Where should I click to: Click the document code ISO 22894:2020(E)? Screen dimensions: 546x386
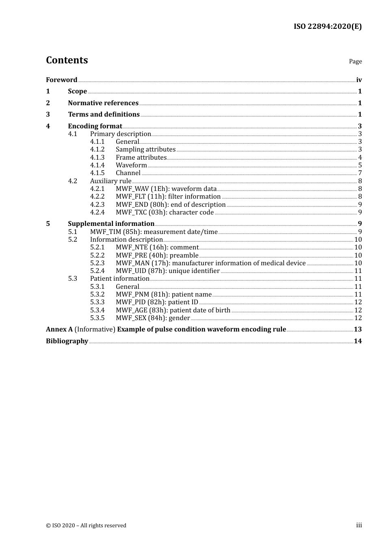[x=327, y=26]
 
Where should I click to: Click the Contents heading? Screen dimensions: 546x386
[x=67, y=60]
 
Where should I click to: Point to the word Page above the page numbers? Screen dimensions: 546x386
[x=355, y=61]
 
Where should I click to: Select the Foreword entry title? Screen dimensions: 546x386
[x=61, y=80]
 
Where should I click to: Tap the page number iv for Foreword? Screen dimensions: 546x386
[x=359, y=80]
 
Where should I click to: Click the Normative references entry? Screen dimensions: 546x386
[x=103, y=103]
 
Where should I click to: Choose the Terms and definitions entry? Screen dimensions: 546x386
[x=104, y=114]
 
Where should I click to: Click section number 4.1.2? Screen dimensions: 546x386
[x=97, y=149]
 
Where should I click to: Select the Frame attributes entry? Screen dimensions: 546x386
[x=141, y=157]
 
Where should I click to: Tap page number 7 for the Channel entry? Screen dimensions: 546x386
[x=360, y=173]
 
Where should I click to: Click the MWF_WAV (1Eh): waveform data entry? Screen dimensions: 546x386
[x=166, y=188]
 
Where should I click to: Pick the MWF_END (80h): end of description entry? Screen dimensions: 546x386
[x=170, y=204]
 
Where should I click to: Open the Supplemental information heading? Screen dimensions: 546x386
[x=111, y=223]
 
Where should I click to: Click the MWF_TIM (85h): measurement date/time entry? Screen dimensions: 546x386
[x=154, y=232]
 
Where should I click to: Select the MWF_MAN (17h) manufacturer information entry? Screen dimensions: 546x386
[x=210, y=263]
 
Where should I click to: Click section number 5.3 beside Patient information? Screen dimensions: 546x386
[x=72, y=278]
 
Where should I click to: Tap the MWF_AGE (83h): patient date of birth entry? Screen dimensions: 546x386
[x=173, y=310]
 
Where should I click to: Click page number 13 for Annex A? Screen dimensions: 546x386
[x=358, y=329]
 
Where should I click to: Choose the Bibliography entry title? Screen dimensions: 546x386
[x=67, y=341]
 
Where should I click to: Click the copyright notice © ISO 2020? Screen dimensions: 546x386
[x=86, y=525]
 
